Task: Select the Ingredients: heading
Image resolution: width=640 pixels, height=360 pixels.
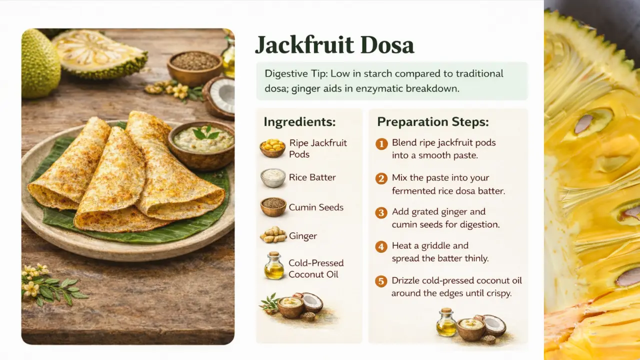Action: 299,122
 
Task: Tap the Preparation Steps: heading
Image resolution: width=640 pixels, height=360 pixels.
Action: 432,122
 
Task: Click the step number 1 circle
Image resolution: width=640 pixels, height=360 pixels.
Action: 381,144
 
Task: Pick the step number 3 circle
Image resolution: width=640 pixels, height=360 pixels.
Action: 381,213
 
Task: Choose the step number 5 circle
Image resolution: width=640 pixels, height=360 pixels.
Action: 381,281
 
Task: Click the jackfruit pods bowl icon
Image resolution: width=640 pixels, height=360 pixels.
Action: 272,148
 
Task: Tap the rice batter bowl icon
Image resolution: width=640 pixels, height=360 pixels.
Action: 273,177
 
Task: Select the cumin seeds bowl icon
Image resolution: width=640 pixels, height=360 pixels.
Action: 273,207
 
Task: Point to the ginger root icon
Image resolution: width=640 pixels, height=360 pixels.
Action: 273,235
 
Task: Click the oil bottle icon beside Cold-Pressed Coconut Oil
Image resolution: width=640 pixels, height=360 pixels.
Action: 273,266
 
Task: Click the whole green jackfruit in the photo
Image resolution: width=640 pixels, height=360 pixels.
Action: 39,64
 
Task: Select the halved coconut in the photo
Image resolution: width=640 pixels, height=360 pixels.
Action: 220,96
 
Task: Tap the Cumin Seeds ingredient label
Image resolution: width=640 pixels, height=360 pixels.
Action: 316,207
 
